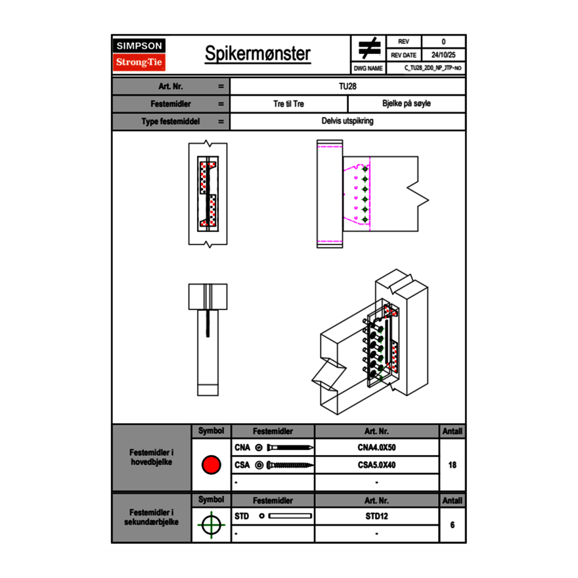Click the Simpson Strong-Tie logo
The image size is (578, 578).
pyautogui.click(x=140, y=55)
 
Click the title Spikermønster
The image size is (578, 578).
pyautogui.click(x=257, y=54)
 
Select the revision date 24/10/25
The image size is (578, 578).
pyautogui.click(x=443, y=55)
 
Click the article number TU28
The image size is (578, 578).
pyautogui.click(x=347, y=86)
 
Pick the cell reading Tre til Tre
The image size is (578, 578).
pyautogui.click(x=288, y=104)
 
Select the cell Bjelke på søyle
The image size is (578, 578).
pyautogui.click(x=406, y=104)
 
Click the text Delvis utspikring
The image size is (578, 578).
pyautogui.click(x=347, y=122)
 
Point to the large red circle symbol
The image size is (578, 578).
pyautogui.click(x=211, y=465)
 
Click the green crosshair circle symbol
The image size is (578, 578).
pyautogui.click(x=211, y=525)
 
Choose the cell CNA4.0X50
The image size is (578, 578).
pyautogui.click(x=376, y=448)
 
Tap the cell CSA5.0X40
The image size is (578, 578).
pyautogui.click(x=376, y=465)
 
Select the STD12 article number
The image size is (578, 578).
pyautogui.click(x=376, y=516)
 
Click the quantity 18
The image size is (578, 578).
pyautogui.click(x=452, y=465)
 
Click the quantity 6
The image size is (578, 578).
pyautogui.click(x=452, y=525)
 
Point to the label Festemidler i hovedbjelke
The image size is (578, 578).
pyautogui.click(x=152, y=457)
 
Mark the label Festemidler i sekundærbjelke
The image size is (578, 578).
pyautogui.click(x=152, y=517)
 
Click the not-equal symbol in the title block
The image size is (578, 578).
pyautogui.click(x=369, y=49)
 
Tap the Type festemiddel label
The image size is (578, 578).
pyautogui.click(x=171, y=122)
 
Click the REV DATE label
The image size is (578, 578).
pyautogui.click(x=404, y=55)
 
